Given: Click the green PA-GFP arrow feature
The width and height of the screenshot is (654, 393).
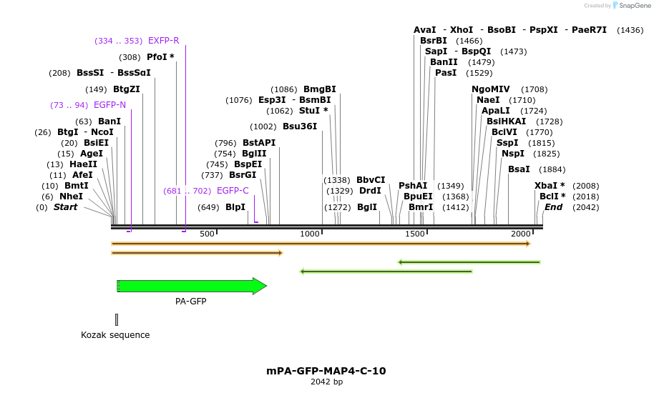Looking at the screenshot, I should tap(190, 286).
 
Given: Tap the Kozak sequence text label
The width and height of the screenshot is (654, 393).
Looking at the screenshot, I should tap(115, 335).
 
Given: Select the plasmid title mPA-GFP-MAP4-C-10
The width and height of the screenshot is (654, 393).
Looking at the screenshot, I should tap(326, 371).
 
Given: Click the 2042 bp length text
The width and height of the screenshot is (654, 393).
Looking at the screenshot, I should tap(326, 382).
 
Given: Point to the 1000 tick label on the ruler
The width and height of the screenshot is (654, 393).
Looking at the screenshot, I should tap(310, 234).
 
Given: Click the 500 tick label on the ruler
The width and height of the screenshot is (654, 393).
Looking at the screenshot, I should tap(207, 234).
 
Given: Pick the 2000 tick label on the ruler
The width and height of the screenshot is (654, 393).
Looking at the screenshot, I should tap(520, 234).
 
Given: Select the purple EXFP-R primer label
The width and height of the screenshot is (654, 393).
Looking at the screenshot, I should tap(164, 41).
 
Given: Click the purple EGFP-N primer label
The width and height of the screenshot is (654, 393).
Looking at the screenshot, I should tap(109, 105).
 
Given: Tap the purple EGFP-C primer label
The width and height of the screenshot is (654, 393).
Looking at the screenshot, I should tap(233, 191).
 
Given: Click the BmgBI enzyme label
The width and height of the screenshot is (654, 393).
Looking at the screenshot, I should tap(319, 89).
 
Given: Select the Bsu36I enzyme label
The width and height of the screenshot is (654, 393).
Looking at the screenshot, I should tap(299, 126).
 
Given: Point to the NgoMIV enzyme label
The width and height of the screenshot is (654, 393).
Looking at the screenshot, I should tap(491, 89).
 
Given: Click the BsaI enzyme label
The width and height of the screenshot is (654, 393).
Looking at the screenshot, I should tap(519, 169).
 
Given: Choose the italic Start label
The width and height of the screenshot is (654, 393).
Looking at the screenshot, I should tap(65, 207).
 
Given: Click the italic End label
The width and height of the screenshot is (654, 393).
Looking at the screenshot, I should tap(553, 207).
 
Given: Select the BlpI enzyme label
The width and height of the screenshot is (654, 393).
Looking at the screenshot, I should tap(235, 207).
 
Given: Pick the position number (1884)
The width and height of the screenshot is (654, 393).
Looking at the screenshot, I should tap(552, 169).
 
